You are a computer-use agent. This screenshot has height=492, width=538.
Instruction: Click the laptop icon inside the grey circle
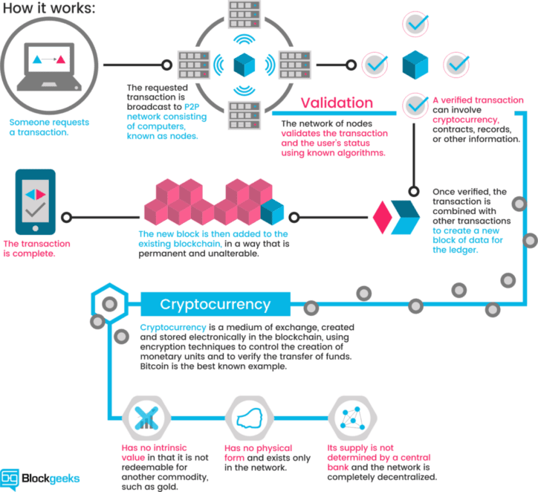[x=49, y=67]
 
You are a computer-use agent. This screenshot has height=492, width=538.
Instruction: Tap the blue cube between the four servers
[x=244, y=65]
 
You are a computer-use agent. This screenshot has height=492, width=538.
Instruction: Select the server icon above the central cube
[x=244, y=14]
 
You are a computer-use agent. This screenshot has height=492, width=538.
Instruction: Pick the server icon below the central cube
[x=244, y=115]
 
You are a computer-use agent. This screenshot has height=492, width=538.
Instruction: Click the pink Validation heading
[x=337, y=103]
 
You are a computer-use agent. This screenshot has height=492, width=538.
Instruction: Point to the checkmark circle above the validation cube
[x=415, y=24]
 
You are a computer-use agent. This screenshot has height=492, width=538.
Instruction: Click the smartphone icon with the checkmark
[x=36, y=201]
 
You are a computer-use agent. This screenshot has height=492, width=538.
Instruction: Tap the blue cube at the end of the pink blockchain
[x=272, y=212]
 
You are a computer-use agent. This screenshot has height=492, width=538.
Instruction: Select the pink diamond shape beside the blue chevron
[x=382, y=217]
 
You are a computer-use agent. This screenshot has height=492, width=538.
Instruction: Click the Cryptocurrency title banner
[x=215, y=304]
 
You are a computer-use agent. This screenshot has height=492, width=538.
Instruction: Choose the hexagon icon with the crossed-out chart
[x=146, y=418]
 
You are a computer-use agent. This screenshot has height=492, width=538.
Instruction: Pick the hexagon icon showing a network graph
[x=353, y=418]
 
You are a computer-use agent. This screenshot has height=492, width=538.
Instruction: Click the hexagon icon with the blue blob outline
[x=250, y=418]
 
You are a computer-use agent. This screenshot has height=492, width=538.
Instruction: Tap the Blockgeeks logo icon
[x=10, y=479]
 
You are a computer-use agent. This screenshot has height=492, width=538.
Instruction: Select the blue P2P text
[x=192, y=107]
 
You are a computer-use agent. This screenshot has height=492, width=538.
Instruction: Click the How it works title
[x=49, y=8]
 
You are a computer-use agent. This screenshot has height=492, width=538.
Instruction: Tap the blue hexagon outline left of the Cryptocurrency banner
[x=110, y=302]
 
